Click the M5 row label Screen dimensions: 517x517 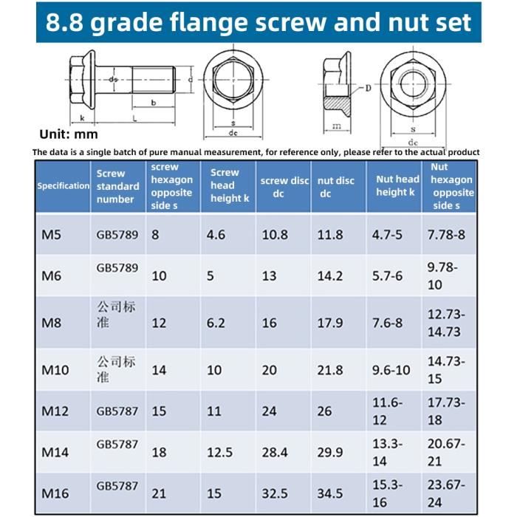tap(51, 235)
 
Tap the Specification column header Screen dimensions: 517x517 tap(64, 185)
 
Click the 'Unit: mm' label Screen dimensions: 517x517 tap(69, 134)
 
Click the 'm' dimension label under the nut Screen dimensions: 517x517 tap(336, 126)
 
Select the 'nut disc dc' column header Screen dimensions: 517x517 tap(336, 186)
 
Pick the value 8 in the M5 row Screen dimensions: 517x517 tap(155, 235)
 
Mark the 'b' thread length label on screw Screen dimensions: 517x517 tap(153, 103)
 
